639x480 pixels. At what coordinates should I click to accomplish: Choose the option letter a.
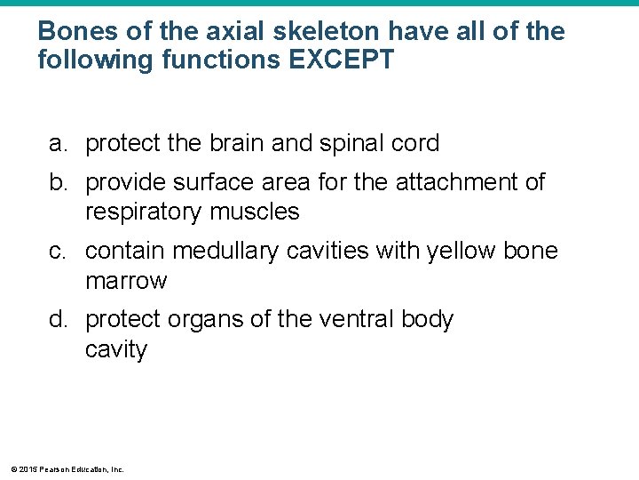click(57, 143)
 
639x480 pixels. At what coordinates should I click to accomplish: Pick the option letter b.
click(57, 182)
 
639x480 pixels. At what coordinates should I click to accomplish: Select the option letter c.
click(57, 252)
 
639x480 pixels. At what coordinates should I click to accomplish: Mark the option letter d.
click(57, 319)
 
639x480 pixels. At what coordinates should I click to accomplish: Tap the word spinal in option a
click(364, 143)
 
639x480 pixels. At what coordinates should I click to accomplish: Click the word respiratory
click(145, 212)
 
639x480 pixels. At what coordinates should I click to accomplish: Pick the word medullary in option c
click(224, 252)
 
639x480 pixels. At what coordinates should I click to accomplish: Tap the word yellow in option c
click(462, 252)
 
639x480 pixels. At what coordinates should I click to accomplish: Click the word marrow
click(126, 282)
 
